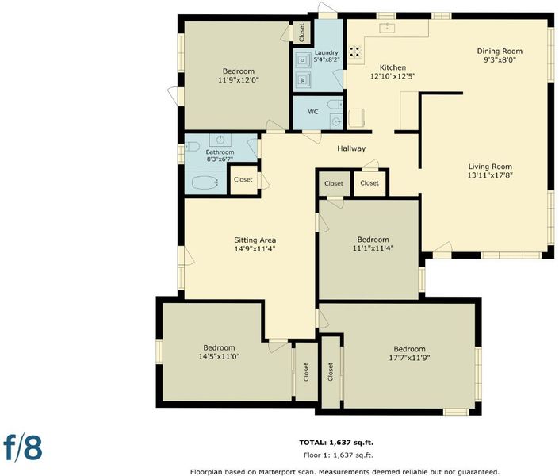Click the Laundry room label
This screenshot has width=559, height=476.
coord(326,52)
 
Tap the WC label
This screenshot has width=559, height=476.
coord(313,112)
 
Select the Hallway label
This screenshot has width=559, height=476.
coord(351,148)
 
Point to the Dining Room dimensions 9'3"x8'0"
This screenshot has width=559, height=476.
coord(500,60)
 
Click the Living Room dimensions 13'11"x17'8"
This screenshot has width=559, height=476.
coord(490,175)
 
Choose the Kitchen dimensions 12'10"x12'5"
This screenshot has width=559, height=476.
coord(392,76)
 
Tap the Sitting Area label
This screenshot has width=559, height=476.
coord(255,240)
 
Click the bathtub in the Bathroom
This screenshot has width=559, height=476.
coord(205,182)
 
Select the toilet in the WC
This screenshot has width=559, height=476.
coord(335,105)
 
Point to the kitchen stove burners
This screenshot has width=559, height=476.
coord(355,52)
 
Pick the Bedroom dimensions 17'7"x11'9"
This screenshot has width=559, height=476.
coord(410,358)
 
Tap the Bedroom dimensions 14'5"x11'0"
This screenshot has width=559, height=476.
coord(219,356)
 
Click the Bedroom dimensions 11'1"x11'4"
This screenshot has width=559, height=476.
coord(373,248)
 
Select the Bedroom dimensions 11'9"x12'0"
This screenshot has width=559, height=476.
coord(239,79)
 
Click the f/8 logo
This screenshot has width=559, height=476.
coord(23,447)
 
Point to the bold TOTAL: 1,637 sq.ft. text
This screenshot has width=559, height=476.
coord(336,443)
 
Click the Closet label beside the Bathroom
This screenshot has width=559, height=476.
coord(243,179)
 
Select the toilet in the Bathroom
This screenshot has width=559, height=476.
coord(193,146)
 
